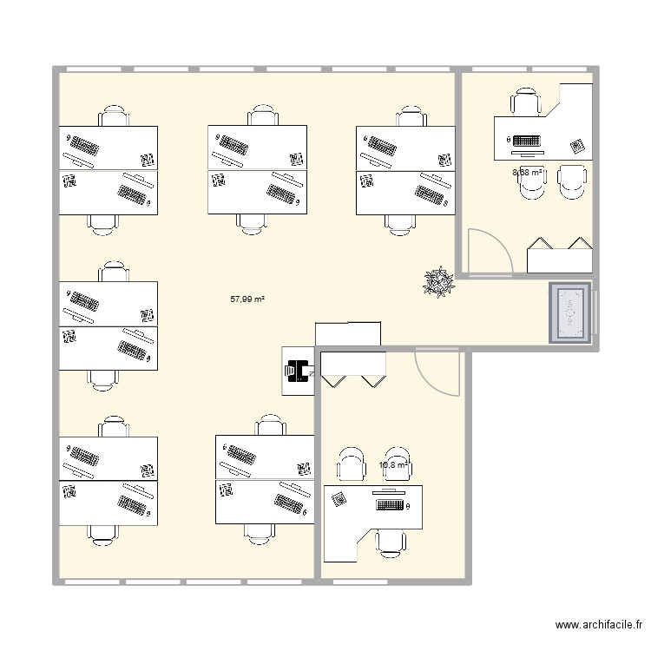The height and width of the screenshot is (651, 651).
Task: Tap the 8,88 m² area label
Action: click(527, 173)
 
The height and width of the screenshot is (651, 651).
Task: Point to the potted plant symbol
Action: click(437, 282)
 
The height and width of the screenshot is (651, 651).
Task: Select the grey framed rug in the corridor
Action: click(572, 312)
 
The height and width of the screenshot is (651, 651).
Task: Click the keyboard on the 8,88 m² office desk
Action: click(527, 140)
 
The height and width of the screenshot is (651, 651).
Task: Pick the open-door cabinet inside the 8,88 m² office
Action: click(560, 255)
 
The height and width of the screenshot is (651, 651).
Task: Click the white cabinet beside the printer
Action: click(347, 333)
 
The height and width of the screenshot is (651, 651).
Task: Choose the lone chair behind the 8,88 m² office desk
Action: click(526, 101)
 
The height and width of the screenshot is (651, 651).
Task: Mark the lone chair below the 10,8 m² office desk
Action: click(390, 542)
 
